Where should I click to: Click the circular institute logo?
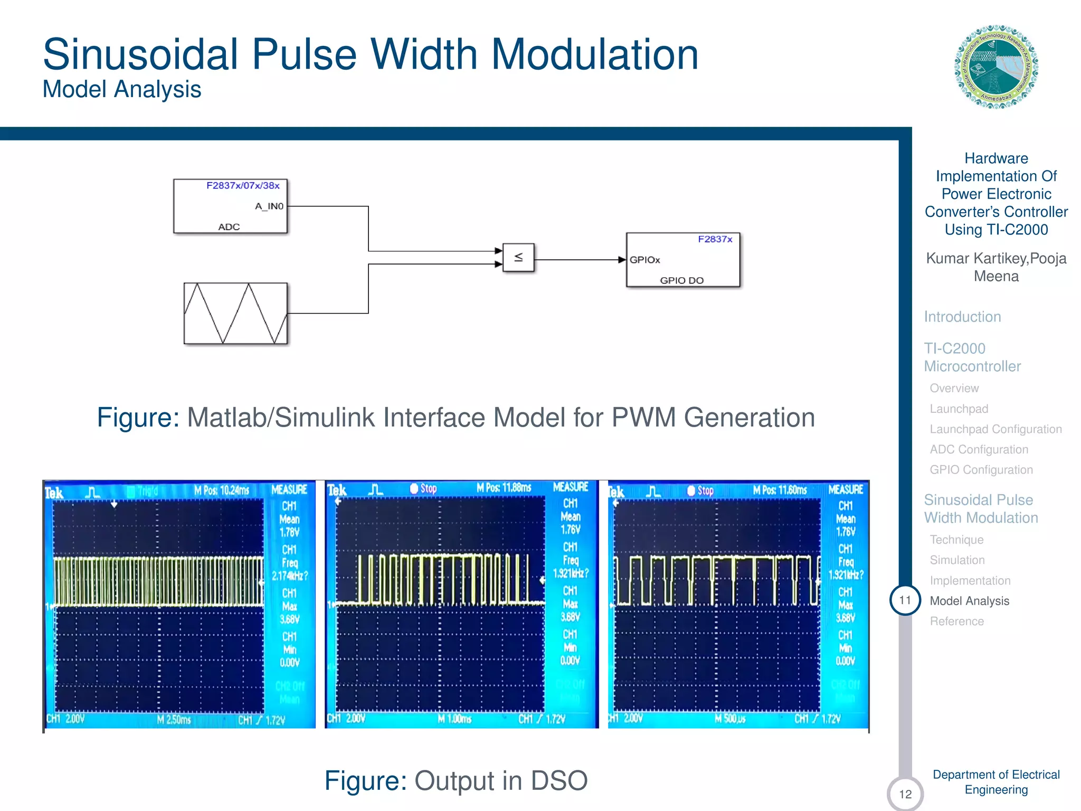[996, 67]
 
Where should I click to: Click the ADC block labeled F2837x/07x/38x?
[230, 206]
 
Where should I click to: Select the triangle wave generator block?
[235, 313]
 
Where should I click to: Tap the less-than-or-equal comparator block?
[518, 258]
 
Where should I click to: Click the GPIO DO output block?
[683, 260]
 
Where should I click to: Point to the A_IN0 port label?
[269, 206]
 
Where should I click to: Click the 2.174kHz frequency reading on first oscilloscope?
[289, 576]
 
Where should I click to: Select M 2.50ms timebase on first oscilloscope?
[174, 720]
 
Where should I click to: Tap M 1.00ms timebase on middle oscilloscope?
[454, 719]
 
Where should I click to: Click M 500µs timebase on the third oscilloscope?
[730, 719]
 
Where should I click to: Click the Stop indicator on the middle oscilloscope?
[424, 488]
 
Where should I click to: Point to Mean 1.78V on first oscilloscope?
[289, 526]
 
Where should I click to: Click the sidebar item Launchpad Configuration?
[995, 429]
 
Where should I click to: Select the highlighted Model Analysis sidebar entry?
[969, 601]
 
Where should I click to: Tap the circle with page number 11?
[905, 600]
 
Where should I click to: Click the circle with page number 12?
[905, 794]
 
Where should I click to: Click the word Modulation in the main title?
[595, 54]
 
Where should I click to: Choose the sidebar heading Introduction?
[962, 317]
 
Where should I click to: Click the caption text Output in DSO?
[500, 780]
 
